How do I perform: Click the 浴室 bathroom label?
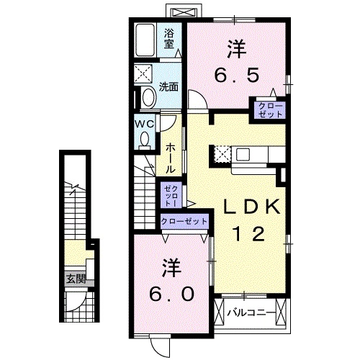168,37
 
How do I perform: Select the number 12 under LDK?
249,233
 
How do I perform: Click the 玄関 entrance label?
76,278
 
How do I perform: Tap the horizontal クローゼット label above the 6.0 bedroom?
184,222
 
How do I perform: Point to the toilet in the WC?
145,140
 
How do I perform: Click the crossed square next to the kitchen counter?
221,153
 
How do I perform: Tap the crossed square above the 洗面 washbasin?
144,73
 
